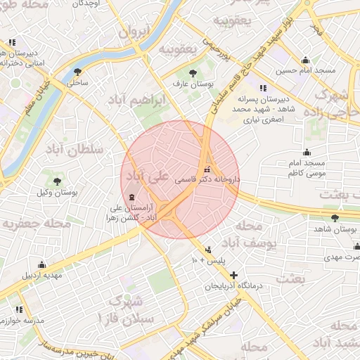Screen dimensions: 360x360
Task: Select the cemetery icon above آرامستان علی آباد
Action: (x=133, y=197)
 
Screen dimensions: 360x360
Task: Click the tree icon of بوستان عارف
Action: (x=193, y=72)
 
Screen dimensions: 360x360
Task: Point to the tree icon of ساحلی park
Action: (x=77, y=72)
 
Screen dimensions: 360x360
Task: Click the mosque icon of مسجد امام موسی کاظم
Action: (x=306, y=153)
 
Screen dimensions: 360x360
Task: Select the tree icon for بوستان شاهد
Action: (x=334, y=218)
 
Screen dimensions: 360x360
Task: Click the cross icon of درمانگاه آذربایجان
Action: (x=233, y=274)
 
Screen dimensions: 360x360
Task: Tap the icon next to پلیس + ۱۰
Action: (x=207, y=250)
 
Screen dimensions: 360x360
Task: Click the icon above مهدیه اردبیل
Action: (x=42, y=265)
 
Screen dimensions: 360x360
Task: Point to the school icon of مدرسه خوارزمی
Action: (x=19, y=309)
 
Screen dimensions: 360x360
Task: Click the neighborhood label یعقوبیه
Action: (x=176, y=49)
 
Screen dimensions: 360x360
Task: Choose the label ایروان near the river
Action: (x=134, y=32)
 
